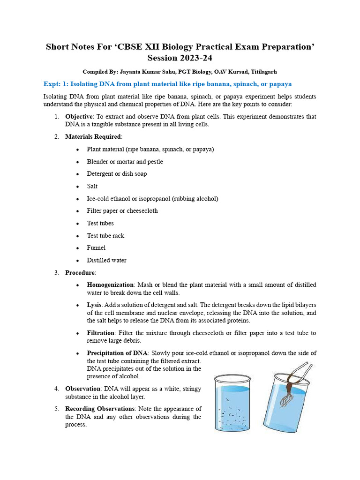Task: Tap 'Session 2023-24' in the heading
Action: pos(180,58)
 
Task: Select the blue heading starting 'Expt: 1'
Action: pos(167,84)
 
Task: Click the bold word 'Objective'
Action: pos(78,116)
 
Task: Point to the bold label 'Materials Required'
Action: pos(93,136)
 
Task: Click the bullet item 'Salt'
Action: pos(92,186)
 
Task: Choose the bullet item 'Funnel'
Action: pos(96,247)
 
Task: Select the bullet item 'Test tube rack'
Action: pos(105,235)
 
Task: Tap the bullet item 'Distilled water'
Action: pos(106,260)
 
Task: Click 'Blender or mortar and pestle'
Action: pos(125,161)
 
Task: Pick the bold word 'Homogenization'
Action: pos(110,285)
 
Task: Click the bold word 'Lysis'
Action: pos(94,305)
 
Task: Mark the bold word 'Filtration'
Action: pos(101,333)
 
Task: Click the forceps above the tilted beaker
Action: pos(300,369)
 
